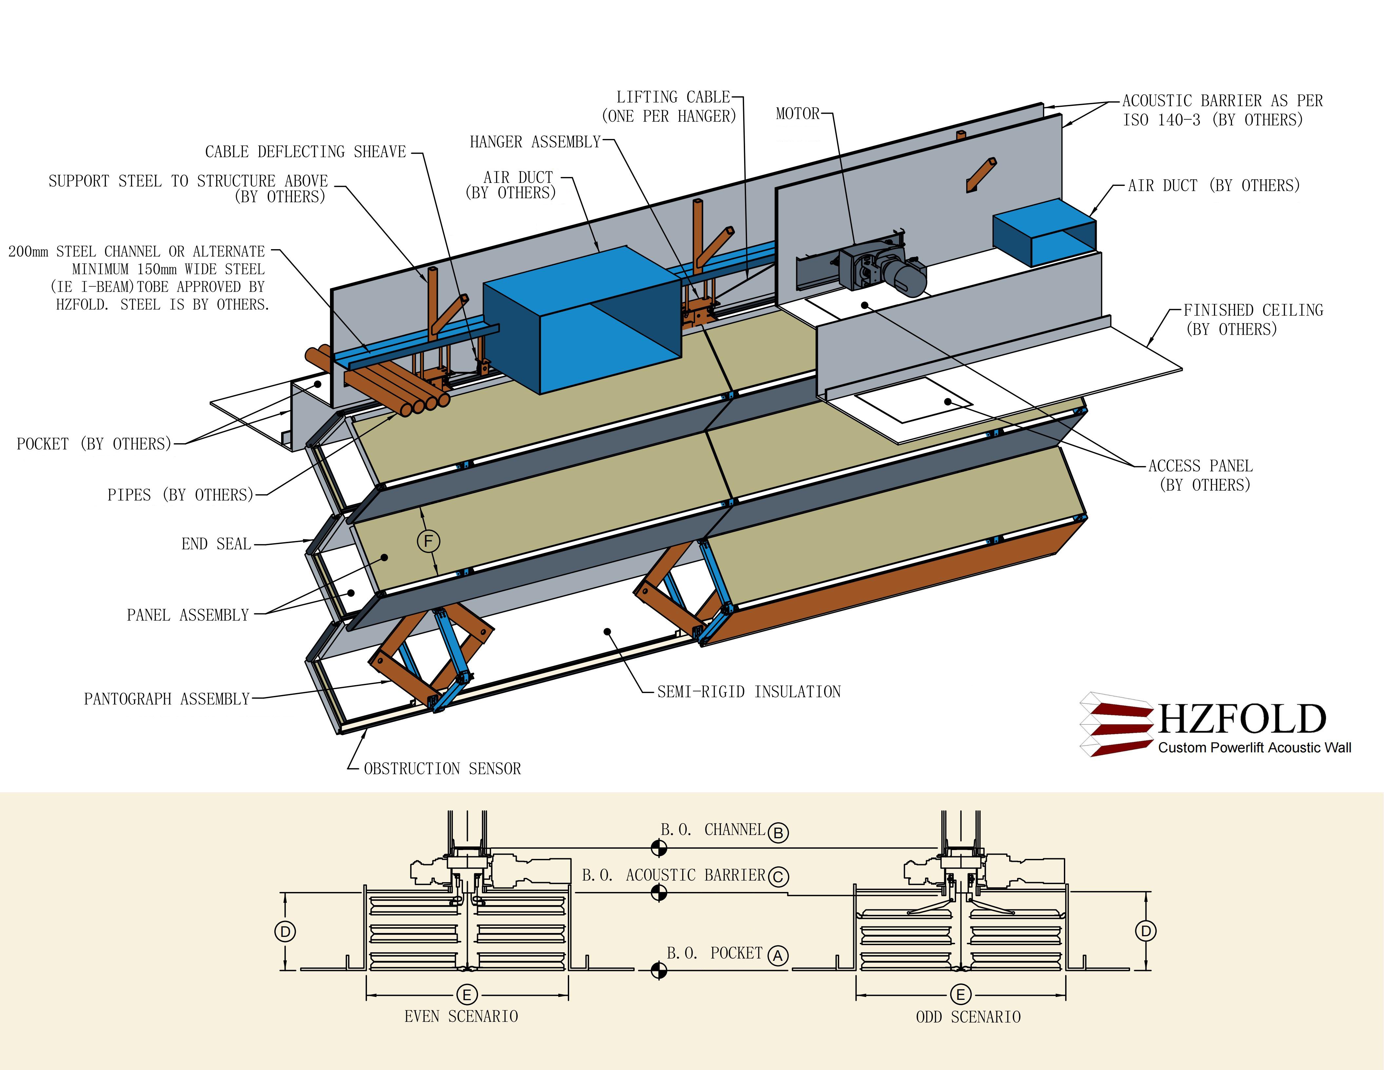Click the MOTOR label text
tap(797, 114)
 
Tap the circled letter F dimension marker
tap(428, 541)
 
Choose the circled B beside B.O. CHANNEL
tap(778, 833)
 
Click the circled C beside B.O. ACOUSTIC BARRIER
tap(778, 877)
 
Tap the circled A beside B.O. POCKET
tap(778, 956)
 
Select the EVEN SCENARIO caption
tap(461, 1017)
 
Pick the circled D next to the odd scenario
tap(1146, 931)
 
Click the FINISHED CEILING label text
tap(1253, 310)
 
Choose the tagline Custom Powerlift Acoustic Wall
tap(1254, 748)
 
